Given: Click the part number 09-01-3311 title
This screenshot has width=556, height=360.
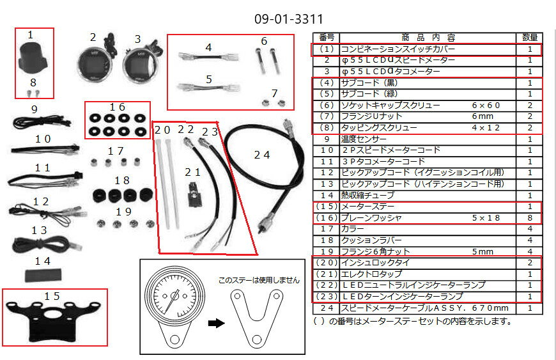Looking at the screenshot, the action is (x=289, y=19).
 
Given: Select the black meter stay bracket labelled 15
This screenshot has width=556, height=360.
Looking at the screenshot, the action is (x=53, y=321).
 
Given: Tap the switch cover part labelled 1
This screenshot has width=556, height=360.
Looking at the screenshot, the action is (x=32, y=57).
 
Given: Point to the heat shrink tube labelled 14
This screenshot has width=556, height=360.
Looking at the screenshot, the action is (x=43, y=275).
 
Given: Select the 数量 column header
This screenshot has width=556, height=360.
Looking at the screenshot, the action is (x=529, y=37).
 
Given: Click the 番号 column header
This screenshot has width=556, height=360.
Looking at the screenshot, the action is (x=326, y=37).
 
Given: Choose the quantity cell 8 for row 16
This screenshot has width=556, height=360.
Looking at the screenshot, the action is (x=529, y=217).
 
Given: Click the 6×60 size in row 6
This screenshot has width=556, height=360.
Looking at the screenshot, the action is (x=486, y=106).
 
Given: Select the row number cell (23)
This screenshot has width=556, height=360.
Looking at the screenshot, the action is (x=326, y=296).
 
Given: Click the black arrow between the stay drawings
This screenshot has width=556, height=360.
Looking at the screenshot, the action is (x=216, y=323).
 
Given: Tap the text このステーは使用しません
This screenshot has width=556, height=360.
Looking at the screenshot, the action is (x=259, y=280).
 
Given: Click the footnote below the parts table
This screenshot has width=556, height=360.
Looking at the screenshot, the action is (x=412, y=322).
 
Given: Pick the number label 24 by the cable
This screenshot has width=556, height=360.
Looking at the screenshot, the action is (x=262, y=155).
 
